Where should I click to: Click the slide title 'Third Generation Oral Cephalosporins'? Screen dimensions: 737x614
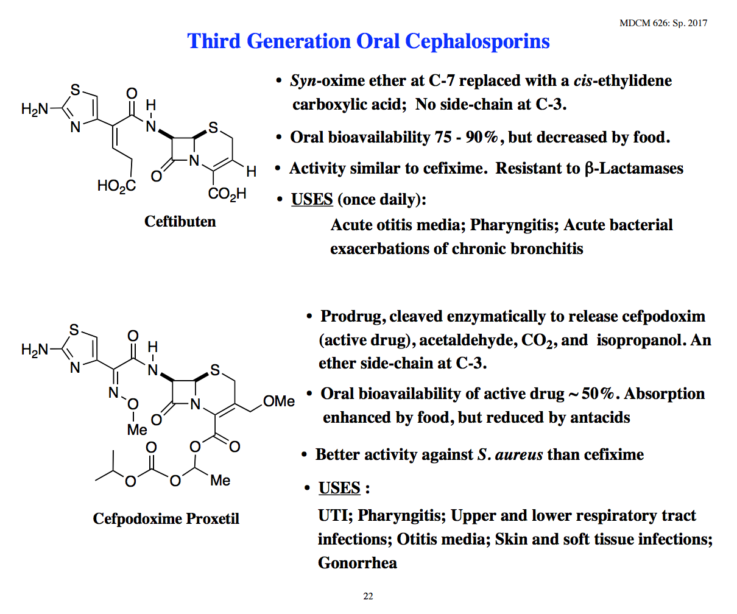coord(368,41)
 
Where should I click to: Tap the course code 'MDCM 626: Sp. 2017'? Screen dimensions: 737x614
coord(663,23)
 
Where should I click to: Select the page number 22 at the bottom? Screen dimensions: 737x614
coord(368,596)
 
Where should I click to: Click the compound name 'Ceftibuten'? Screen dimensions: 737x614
coord(180,221)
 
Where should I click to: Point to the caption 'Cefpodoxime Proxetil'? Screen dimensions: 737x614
coord(166,518)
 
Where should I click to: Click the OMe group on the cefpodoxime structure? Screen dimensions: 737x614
coord(279,401)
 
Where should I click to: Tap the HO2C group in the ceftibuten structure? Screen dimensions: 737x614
coord(117,185)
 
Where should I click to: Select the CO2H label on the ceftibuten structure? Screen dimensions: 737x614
coord(227,194)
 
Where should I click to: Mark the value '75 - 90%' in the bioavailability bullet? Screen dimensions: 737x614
coord(466,137)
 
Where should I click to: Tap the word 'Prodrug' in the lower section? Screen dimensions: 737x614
coord(353,317)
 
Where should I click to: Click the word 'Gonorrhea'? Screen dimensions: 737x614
coord(358,563)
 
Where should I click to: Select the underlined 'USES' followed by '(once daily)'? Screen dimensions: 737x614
coord(312,200)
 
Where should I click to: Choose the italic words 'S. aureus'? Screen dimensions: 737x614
coord(510,455)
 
